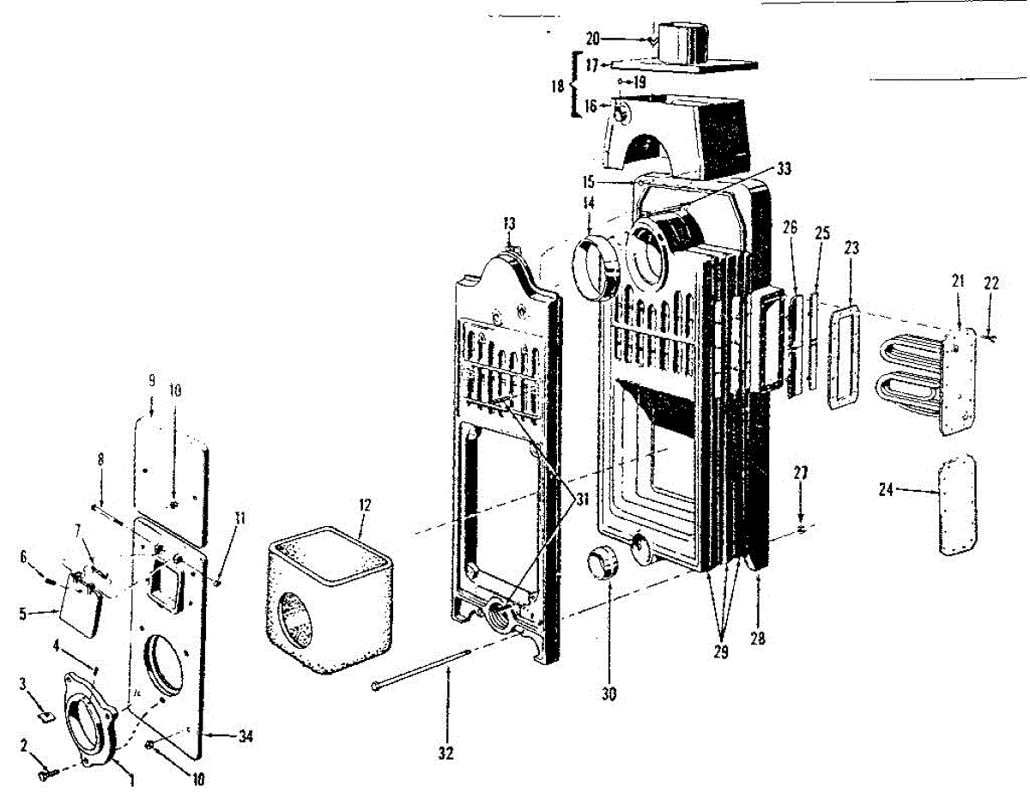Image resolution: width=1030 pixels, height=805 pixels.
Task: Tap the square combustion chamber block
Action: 330,601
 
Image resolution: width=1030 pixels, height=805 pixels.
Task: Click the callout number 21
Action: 958,280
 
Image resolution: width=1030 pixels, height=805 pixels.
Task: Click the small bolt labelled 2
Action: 46,775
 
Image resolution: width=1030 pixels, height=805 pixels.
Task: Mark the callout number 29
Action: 720,652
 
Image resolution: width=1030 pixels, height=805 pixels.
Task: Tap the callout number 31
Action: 581,498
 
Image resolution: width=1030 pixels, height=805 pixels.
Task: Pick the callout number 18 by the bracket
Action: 559,86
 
